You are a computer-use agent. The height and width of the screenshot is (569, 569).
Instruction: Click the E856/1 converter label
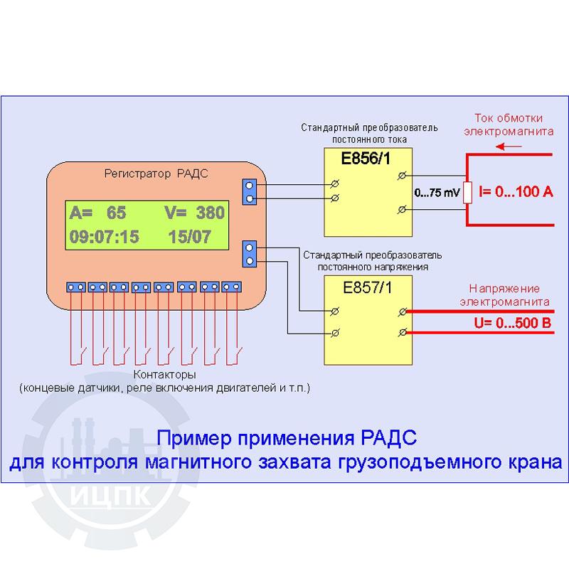pyautogui.click(x=366, y=159)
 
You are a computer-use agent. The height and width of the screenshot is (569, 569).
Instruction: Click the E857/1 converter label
pyautogui.click(x=367, y=289)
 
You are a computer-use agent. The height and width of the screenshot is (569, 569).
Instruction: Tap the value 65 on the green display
pyautogui.click(x=117, y=212)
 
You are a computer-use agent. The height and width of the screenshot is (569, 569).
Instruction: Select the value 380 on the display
pyautogui.click(x=209, y=212)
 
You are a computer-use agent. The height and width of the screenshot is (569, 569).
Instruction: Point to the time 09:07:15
pyautogui.click(x=104, y=237)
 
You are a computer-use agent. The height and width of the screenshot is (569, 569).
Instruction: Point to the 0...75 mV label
pyautogui.click(x=436, y=193)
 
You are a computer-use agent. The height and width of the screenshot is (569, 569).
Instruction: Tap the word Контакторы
pyautogui.click(x=164, y=375)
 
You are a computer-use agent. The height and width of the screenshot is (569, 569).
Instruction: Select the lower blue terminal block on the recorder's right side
pyautogui.click(x=250, y=255)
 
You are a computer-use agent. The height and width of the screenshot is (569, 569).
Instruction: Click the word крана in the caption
pyautogui.click(x=532, y=462)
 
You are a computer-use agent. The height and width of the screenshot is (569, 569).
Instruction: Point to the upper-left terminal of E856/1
pyautogui.click(x=335, y=184)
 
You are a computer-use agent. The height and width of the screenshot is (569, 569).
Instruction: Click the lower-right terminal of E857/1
pyautogui.click(x=403, y=333)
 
